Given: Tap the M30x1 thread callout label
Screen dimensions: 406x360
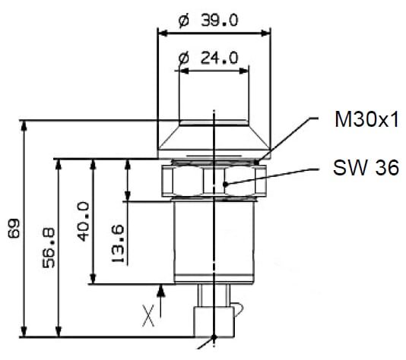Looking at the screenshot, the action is (x=366, y=119).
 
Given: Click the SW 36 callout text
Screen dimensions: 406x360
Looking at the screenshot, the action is (x=366, y=168).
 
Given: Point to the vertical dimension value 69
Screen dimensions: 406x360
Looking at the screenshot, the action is (x=14, y=229).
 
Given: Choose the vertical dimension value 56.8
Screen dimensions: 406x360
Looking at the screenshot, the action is (x=49, y=248).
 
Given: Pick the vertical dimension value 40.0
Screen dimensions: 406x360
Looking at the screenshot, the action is (x=84, y=222).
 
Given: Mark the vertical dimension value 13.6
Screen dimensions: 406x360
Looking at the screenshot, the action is (x=118, y=244).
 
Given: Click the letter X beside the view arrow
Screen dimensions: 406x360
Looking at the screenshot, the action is (x=148, y=315).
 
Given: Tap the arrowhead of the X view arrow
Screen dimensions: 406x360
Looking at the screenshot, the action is (x=161, y=290).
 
